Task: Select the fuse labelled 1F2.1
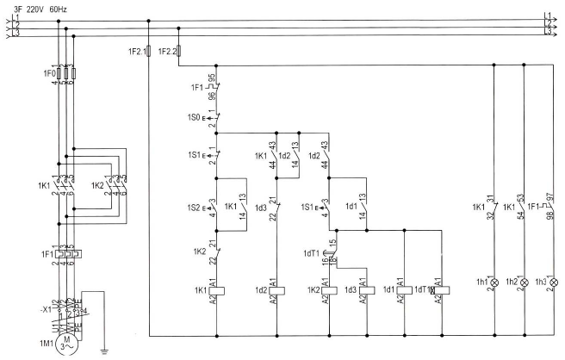click(150, 52)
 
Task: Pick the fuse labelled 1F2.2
click(177, 52)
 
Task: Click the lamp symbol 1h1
click(494, 282)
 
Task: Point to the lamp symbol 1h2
click(524, 282)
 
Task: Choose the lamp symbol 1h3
click(554, 282)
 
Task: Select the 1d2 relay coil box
click(276, 290)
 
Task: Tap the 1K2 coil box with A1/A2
click(332, 290)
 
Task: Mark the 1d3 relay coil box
click(368, 290)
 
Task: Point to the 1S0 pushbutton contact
click(215, 116)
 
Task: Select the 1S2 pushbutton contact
click(215, 208)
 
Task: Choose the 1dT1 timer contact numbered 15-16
click(332, 251)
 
